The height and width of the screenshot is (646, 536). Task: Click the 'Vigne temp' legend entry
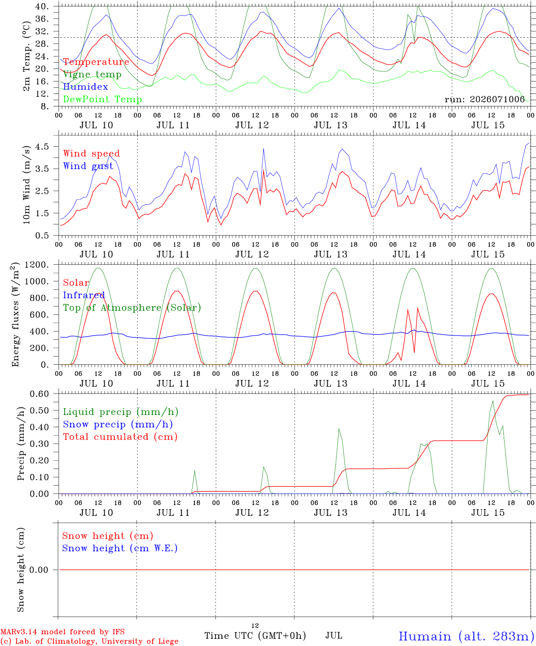(x=92, y=74)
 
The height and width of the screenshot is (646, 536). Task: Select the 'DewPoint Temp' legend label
(x=102, y=99)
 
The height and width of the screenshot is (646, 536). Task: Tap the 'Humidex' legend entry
(x=85, y=87)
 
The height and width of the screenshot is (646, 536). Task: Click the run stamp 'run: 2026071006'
(x=484, y=99)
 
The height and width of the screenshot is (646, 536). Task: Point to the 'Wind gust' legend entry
(x=88, y=166)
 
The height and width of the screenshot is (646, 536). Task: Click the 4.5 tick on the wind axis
(x=42, y=147)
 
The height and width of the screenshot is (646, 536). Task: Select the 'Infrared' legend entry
(x=84, y=295)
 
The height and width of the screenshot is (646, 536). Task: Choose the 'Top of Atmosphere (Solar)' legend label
(x=132, y=308)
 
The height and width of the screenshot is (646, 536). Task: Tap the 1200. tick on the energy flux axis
(x=37, y=265)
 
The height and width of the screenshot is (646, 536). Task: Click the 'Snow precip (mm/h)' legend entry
(x=118, y=424)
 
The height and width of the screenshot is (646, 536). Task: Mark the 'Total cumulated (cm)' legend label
(x=120, y=436)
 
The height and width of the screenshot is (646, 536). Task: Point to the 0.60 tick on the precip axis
(x=40, y=394)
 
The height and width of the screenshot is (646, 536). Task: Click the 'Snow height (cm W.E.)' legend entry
(x=120, y=548)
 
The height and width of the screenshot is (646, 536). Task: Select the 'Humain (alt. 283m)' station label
(x=467, y=636)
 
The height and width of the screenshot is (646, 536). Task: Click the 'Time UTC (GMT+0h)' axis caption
(x=255, y=636)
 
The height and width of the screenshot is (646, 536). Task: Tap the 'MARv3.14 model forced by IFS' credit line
(x=62, y=632)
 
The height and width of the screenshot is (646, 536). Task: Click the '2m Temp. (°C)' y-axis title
(x=26, y=56)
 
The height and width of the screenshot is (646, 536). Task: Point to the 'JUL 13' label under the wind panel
(x=331, y=254)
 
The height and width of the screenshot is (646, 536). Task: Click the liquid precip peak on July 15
(x=492, y=401)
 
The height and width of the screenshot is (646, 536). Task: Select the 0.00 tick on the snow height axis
(x=39, y=570)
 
